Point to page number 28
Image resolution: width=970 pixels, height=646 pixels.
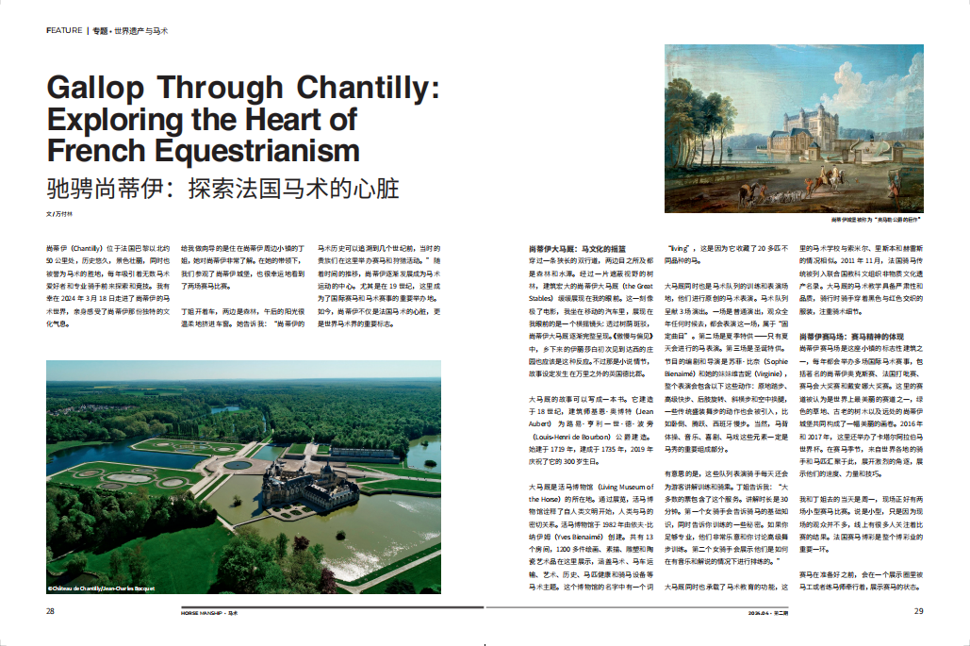coord(50,611)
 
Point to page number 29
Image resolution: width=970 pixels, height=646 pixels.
coord(918,611)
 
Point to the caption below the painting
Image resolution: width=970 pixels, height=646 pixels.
coord(877,220)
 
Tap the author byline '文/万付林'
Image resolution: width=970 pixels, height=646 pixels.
coord(58,215)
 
